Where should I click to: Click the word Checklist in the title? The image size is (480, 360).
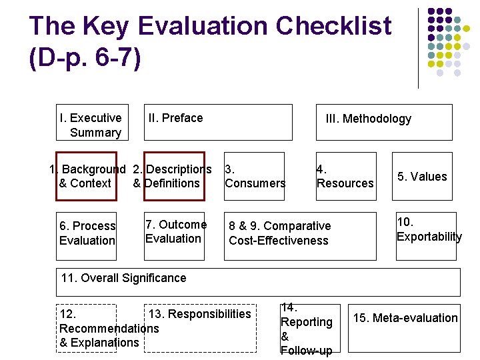click(333, 27)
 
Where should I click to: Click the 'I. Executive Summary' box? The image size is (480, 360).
click(91, 125)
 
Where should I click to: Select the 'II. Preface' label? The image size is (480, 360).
click(175, 118)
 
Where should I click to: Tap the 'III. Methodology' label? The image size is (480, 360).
click(368, 119)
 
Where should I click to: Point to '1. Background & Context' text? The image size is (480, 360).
click(87, 177)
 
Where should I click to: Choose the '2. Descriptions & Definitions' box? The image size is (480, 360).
click(171, 177)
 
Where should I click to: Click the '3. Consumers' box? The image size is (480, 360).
click(255, 176)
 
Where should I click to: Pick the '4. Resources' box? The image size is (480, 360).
click(345, 176)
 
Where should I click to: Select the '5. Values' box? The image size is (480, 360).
click(422, 177)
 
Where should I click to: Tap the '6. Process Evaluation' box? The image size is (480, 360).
click(87, 233)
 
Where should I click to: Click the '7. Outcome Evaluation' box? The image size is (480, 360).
click(175, 231)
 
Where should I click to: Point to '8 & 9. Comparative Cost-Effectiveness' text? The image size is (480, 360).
click(279, 233)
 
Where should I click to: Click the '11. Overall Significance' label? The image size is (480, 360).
click(123, 278)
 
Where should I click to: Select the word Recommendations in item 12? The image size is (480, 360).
click(109, 328)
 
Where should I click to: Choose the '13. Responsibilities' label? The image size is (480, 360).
click(199, 314)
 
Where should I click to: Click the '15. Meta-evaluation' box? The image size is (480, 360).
click(405, 318)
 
